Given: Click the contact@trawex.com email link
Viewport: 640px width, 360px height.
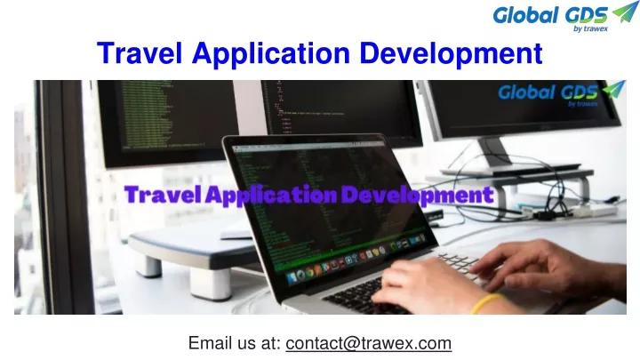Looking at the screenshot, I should click(369, 342).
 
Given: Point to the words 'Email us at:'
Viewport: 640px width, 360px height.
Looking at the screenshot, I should click(235, 342).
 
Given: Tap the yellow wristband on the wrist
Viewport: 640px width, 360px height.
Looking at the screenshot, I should click(486, 302).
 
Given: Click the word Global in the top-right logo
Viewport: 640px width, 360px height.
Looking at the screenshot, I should click(524, 15).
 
